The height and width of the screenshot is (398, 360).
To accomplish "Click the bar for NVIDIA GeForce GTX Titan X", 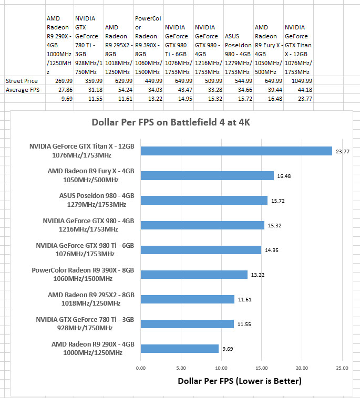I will click(236, 151).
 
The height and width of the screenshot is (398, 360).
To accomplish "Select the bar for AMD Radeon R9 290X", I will click(180, 349).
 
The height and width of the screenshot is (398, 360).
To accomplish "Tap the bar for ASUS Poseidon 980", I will click(204, 200).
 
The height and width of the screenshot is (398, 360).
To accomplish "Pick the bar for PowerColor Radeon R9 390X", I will click(194, 275).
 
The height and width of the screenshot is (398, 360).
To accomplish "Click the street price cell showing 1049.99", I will click(301, 81).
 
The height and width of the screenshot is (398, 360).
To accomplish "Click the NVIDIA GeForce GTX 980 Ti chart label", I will click(85, 249).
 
